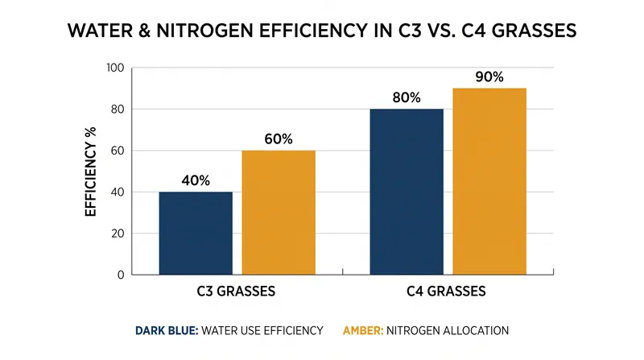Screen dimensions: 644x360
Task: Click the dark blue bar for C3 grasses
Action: (196, 233)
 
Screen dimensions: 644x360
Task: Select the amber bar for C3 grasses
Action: (279, 213)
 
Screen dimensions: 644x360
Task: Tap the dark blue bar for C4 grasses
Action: (407, 192)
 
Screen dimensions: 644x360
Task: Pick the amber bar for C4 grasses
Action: (489, 181)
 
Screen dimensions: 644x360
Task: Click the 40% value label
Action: (196, 180)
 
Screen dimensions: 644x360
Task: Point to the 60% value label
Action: (279, 139)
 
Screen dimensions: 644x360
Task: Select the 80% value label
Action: (407, 97)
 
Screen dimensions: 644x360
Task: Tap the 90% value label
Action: (489, 77)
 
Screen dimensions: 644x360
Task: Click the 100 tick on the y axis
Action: (115, 68)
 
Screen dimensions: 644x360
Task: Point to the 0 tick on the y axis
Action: (120, 275)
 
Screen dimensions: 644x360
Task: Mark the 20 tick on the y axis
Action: (117, 234)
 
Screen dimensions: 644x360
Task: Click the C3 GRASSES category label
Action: (236, 292)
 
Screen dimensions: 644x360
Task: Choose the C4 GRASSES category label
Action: (447, 292)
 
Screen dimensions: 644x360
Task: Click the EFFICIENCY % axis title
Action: (90, 172)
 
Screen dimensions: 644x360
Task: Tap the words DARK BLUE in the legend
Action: (167, 330)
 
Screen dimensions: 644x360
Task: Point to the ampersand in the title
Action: (144, 31)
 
